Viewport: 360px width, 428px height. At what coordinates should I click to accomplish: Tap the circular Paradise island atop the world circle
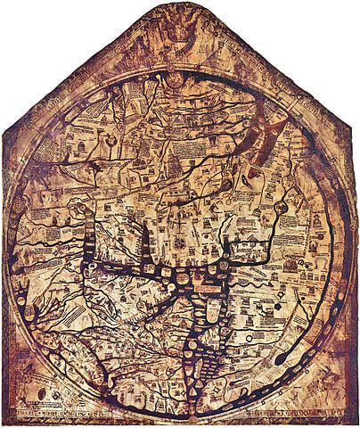click(176, 78)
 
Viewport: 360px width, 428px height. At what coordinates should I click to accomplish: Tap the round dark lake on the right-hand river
click(282, 207)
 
